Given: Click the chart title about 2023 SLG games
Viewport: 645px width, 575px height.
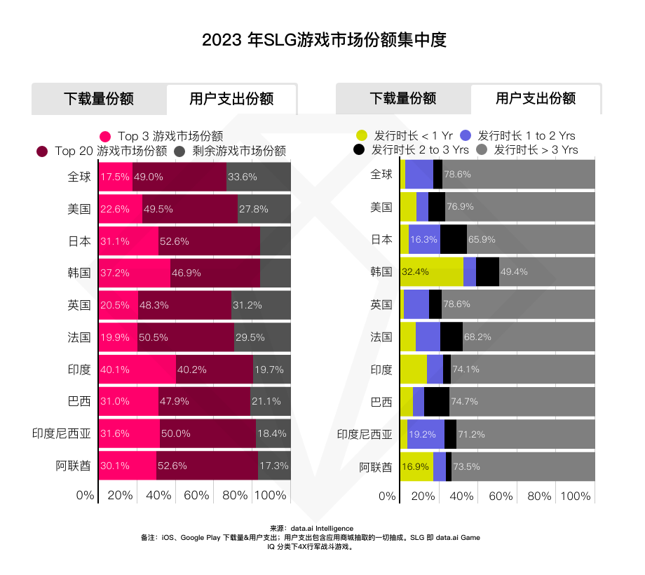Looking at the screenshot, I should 323,39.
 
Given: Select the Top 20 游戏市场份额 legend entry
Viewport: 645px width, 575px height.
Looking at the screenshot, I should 102,151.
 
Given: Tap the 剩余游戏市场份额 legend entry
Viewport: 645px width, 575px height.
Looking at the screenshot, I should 231,151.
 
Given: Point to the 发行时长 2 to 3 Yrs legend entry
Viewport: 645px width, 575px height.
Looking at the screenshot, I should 411,150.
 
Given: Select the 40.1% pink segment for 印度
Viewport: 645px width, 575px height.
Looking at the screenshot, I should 137,370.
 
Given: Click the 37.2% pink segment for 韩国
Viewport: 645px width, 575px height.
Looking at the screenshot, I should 134,272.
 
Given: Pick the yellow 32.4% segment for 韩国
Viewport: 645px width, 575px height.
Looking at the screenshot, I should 431,272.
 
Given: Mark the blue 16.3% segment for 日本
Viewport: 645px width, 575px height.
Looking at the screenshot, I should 424,240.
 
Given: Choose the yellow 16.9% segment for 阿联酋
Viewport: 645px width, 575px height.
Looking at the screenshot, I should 416,466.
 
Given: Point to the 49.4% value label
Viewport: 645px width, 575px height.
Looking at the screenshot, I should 513,272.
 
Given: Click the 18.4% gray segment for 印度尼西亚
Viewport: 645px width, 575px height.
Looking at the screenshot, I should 273,434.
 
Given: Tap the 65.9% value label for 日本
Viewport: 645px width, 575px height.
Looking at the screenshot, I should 482,240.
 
